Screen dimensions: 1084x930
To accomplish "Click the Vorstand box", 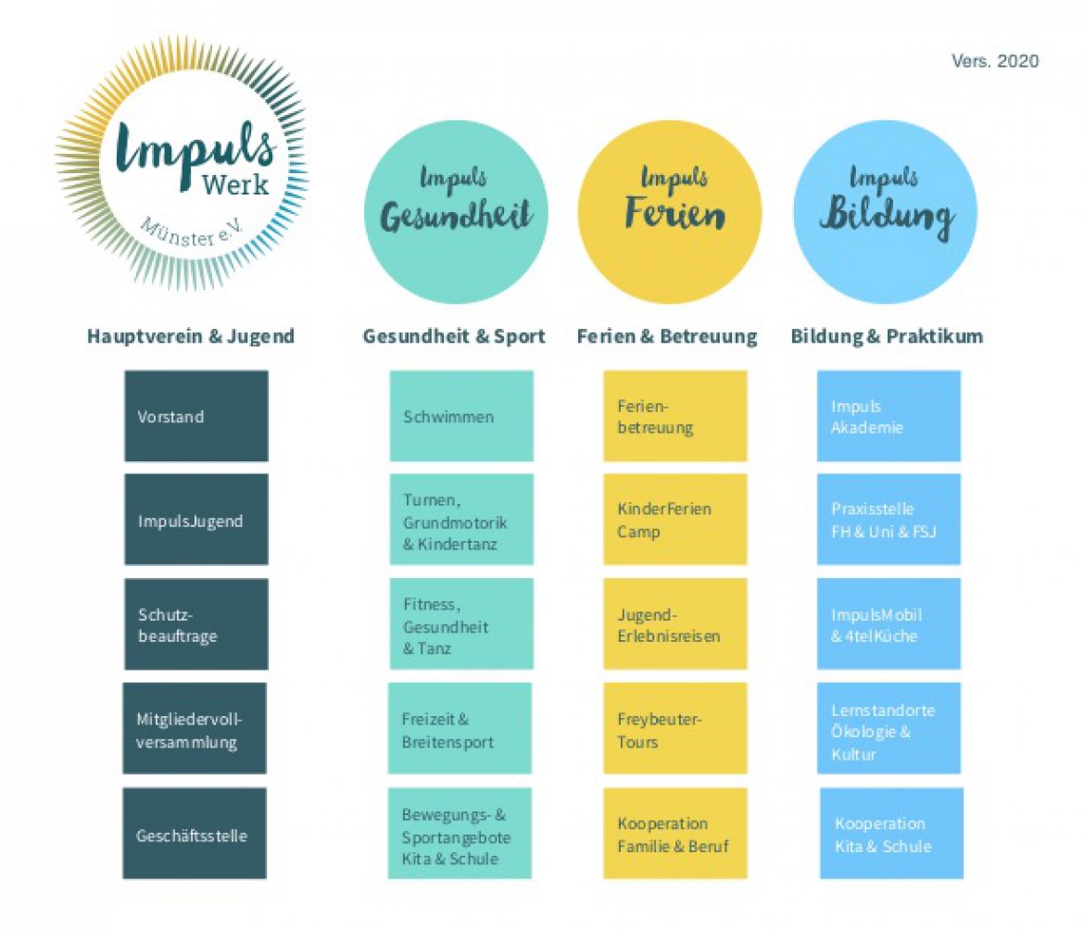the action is (x=196, y=416).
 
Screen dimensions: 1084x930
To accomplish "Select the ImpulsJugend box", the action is (x=196, y=520).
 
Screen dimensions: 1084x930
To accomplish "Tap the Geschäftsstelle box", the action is (x=195, y=834).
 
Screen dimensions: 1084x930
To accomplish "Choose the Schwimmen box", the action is (x=461, y=416).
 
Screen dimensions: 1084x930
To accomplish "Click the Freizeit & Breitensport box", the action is (x=460, y=728).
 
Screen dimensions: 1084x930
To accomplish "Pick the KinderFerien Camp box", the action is (x=675, y=520).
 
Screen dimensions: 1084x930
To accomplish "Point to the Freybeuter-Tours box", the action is (x=675, y=728).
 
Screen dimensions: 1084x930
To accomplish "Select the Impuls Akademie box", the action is (x=889, y=416).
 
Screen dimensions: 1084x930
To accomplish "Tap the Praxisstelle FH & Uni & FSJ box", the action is (x=889, y=520).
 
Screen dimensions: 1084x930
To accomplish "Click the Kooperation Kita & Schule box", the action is (x=892, y=834).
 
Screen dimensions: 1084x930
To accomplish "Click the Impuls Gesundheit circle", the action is (x=456, y=212).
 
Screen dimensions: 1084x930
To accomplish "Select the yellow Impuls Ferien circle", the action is (x=670, y=212).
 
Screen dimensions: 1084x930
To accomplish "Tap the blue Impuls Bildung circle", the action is (x=885, y=212).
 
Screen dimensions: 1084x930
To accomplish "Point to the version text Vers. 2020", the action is (x=995, y=61).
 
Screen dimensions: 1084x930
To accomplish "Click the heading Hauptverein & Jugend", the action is (x=191, y=336).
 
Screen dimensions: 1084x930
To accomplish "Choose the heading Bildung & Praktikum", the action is (x=887, y=336).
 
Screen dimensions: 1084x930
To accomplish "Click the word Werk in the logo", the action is (x=235, y=184).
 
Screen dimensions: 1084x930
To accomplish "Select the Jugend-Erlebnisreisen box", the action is (x=675, y=624).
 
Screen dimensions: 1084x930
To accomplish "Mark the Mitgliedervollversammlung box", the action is (x=195, y=728).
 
